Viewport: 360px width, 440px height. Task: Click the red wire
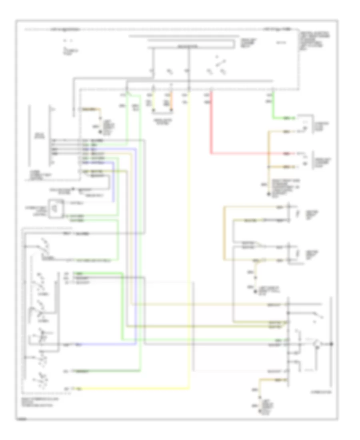(x=211, y=128)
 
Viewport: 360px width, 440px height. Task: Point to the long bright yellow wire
(x=190, y=240)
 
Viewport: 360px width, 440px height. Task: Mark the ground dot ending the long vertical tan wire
(x=269, y=195)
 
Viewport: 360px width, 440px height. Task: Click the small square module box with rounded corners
(x=56, y=208)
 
